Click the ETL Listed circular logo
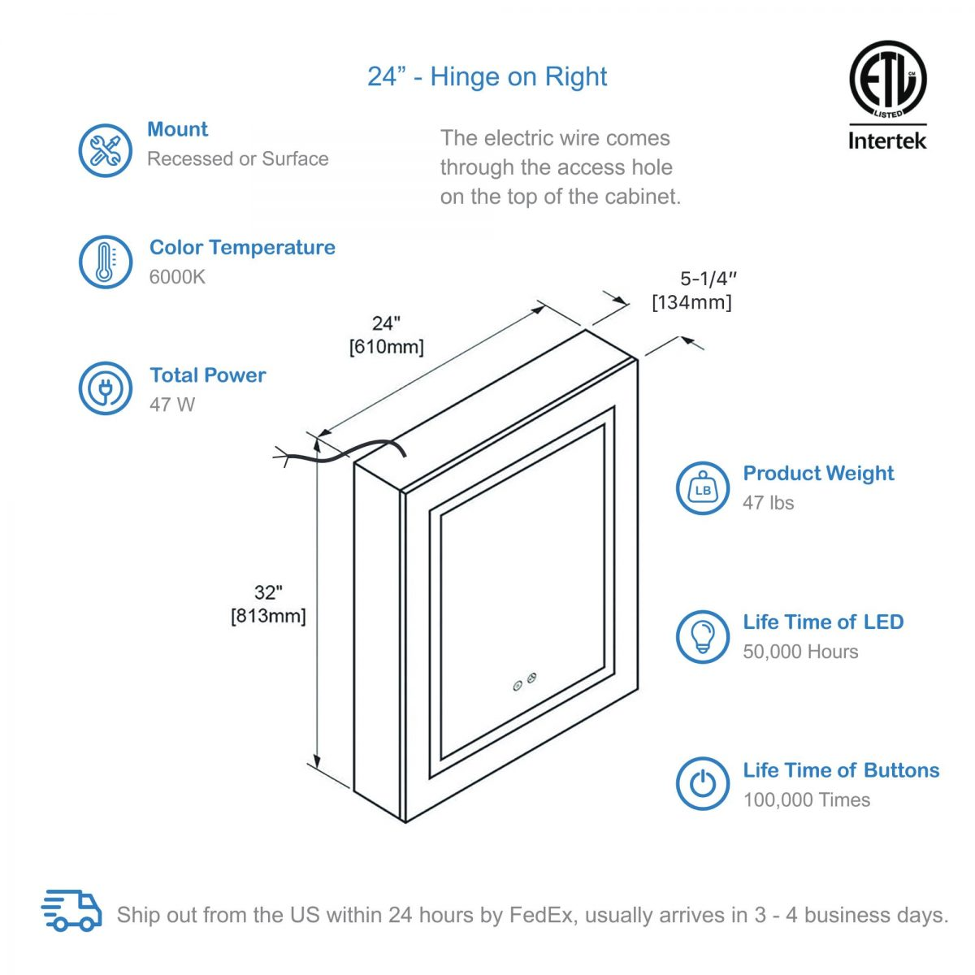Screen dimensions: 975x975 [x=887, y=80]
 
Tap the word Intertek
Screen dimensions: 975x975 [x=887, y=141]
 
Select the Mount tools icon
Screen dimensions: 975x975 [x=105, y=150]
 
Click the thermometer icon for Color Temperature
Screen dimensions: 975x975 [x=105, y=262]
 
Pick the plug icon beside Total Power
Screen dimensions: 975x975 [x=105, y=388]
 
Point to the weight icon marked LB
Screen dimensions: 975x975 [x=703, y=488]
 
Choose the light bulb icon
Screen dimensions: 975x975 [x=703, y=636]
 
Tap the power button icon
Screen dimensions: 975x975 [x=703, y=783]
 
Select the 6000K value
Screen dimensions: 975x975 [x=177, y=277]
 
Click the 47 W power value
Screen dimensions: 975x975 [x=172, y=405]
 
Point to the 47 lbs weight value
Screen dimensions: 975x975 [x=768, y=503]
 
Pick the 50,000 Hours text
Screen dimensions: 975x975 [x=800, y=652]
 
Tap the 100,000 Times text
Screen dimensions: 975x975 [x=806, y=800]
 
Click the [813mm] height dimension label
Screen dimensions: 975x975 [x=268, y=616]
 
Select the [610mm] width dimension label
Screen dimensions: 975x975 [x=386, y=348]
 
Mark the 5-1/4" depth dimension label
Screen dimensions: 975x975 [x=708, y=279]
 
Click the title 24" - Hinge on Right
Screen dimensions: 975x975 [x=487, y=76]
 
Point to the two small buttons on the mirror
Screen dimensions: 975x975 [x=524, y=682]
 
